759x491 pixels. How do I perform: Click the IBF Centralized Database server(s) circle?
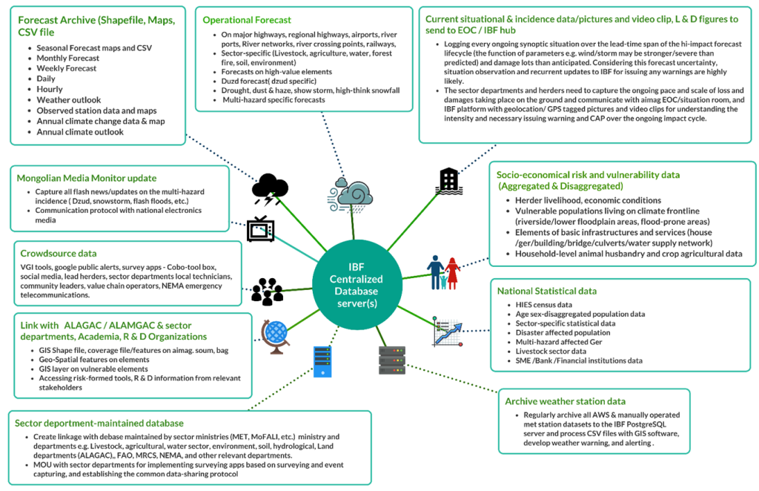tap(357, 285)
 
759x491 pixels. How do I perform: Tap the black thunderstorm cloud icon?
tap(270, 189)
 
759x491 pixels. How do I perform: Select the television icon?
tap(260, 228)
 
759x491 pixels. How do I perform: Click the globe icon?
tap(275, 337)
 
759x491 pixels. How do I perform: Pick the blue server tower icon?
tap(322, 361)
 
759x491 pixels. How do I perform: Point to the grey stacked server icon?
tap(391, 360)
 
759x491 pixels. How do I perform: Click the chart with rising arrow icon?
tap(448, 332)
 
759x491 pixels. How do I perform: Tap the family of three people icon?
tap(443, 273)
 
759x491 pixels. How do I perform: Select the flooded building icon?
tap(448, 182)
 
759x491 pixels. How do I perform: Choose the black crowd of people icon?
tap(267, 291)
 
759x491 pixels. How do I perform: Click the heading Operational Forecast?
tap(247, 20)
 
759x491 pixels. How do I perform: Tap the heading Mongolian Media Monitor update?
tap(87, 178)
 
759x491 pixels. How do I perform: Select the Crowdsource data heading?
tap(59, 253)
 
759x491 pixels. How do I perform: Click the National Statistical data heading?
tap(547, 291)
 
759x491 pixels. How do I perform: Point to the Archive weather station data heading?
tap(565, 401)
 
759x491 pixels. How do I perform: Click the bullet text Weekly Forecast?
tap(66, 68)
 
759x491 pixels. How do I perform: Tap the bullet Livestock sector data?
tap(551, 351)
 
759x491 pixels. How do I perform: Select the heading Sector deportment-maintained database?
tap(99, 424)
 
